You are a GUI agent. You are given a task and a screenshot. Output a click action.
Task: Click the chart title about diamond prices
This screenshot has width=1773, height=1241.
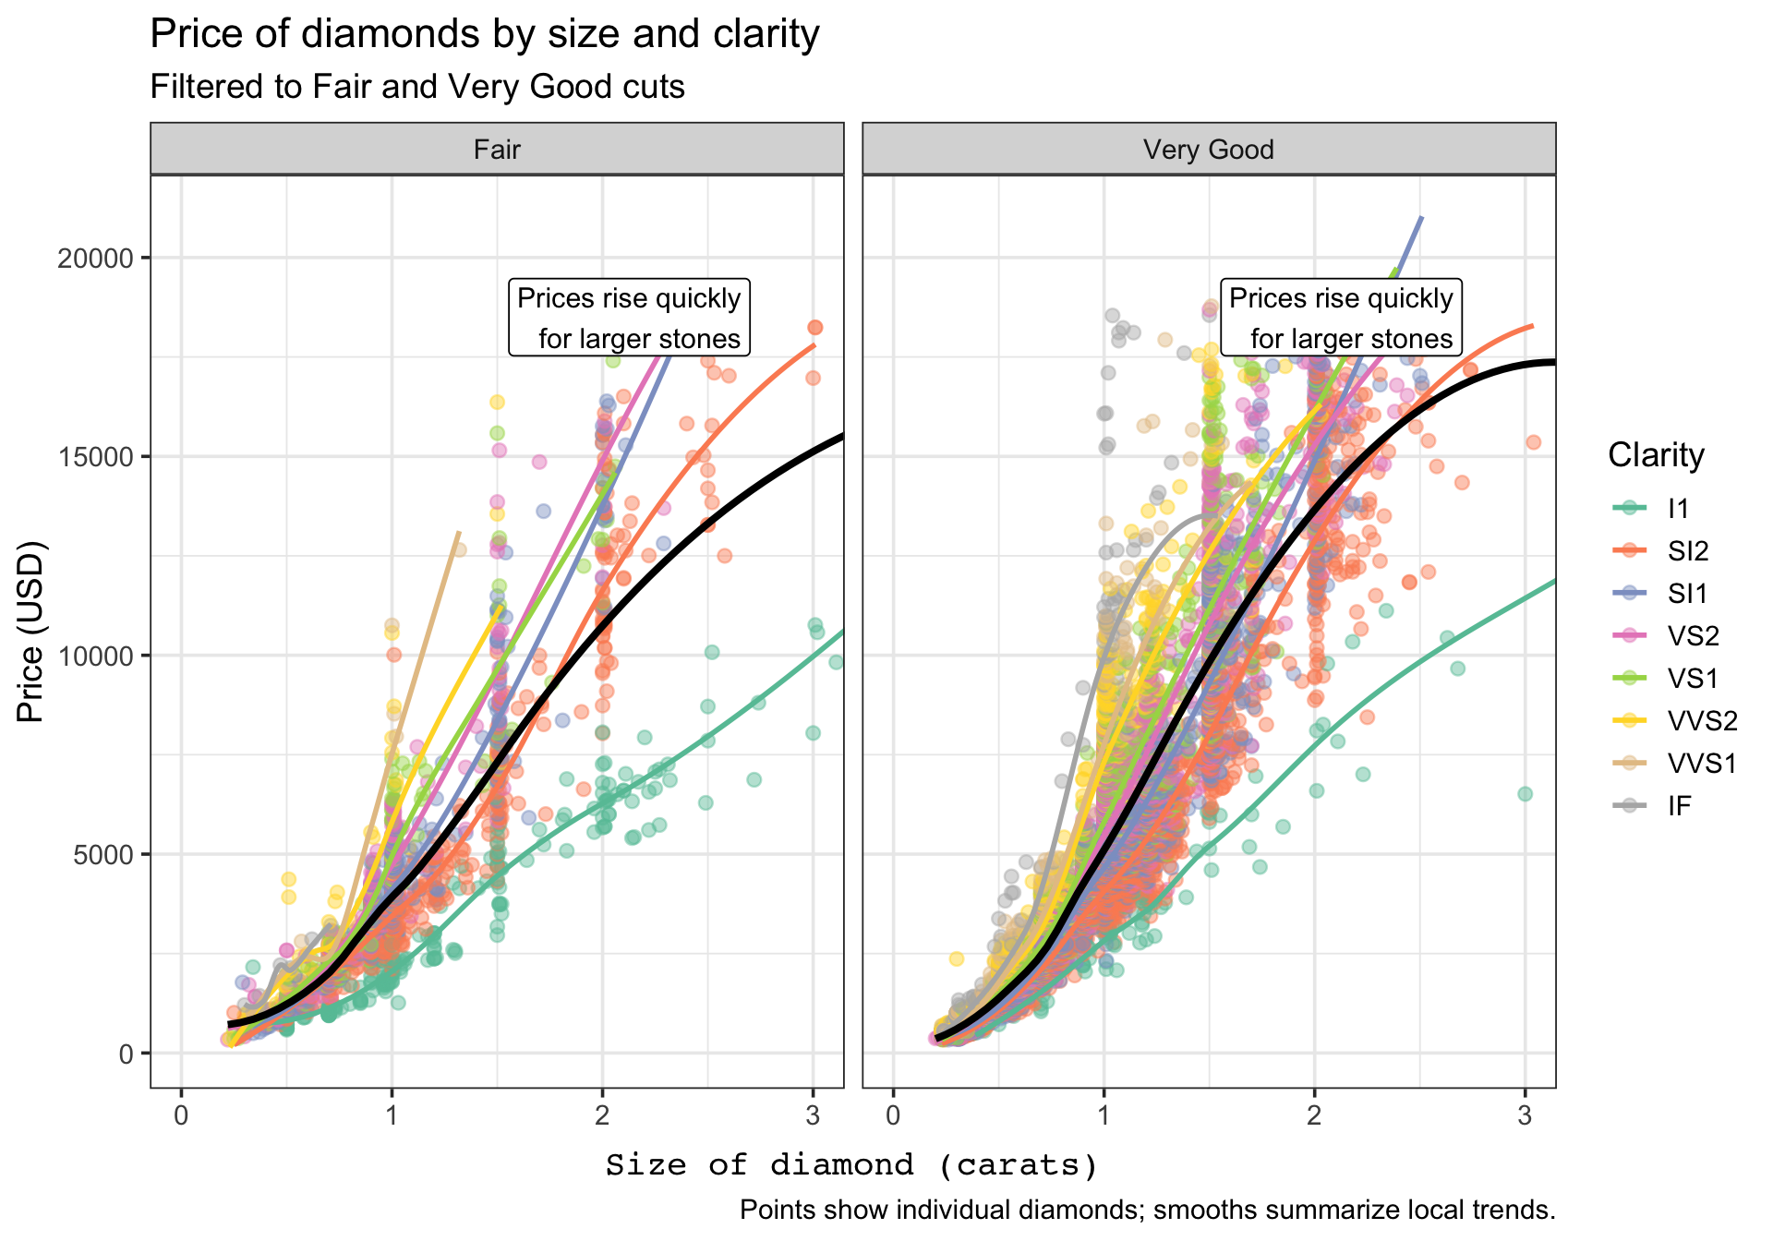484,34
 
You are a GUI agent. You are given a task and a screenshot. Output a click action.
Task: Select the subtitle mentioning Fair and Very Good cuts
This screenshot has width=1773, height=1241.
416,87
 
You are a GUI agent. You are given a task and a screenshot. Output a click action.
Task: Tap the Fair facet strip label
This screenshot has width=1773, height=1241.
497,149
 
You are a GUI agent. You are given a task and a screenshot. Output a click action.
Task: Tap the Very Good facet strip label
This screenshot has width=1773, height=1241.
1208,149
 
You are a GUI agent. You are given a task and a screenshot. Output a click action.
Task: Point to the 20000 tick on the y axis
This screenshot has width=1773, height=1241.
95,258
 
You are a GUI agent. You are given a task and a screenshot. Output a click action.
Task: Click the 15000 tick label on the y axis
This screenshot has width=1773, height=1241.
95,457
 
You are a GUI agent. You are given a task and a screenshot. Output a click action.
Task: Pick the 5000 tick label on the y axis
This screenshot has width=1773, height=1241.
102,855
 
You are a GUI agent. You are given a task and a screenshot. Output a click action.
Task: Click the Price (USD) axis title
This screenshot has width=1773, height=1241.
30,631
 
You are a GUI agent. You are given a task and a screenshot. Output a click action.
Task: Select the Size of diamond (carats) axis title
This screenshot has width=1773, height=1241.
851,1165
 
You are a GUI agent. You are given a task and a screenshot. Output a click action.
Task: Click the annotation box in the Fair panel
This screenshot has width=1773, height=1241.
629,318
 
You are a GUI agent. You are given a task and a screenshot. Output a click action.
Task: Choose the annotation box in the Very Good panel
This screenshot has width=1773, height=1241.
1341,318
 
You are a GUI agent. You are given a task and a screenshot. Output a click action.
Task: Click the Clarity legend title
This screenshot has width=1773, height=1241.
1656,455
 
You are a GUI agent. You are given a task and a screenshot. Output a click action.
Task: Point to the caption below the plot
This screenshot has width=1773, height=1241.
1147,1210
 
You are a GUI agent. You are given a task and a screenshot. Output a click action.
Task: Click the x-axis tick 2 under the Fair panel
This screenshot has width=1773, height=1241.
602,1115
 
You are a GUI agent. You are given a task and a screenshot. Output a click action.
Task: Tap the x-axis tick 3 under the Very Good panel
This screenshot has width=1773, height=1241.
1525,1115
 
